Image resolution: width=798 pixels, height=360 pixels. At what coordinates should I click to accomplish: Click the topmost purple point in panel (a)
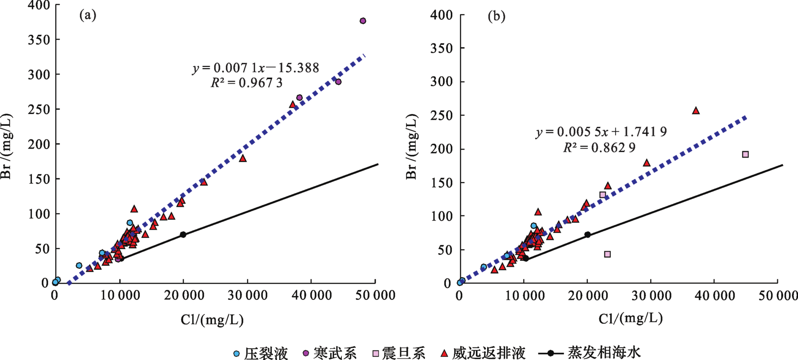(363, 21)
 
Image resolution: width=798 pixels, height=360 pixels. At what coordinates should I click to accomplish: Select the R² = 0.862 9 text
(600, 147)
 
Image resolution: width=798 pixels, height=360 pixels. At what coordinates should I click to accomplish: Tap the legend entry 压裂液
(260, 353)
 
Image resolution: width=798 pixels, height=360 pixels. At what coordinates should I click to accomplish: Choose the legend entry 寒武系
(330, 353)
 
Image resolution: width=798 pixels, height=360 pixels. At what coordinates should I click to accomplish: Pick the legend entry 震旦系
(399, 353)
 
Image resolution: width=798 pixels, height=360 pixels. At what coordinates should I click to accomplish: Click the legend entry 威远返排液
(483, 353)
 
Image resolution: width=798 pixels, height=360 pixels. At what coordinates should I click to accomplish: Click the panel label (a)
(88, 16)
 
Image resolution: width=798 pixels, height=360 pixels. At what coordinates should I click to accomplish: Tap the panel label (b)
(496, 17)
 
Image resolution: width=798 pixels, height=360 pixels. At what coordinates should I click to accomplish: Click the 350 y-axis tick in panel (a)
(39, 40)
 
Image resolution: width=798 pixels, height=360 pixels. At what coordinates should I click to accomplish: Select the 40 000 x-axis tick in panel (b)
(714, 295)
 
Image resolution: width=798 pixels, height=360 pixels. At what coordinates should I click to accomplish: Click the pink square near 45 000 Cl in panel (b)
(745, 154)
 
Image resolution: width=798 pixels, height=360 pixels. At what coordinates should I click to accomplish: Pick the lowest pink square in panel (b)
(608, 254)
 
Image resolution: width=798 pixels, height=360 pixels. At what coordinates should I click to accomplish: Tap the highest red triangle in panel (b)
(696, 110)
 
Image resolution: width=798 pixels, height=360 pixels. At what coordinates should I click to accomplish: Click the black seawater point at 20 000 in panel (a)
(183, 235)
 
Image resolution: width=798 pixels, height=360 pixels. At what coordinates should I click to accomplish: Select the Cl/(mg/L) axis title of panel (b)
(630, 319)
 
